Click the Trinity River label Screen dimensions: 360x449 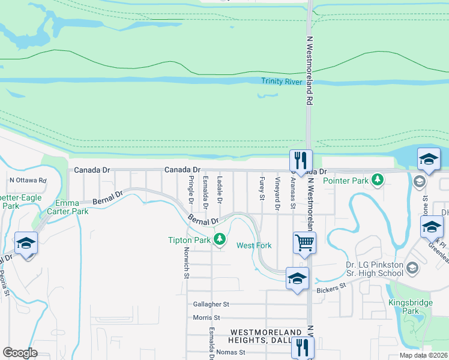[x=281, y=82]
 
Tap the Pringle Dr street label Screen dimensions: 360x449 [x=191, y=188]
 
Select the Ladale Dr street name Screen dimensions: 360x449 [x=220, y=188]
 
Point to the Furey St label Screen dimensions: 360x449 [x=262, y=187]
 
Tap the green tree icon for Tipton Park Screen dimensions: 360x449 [x=220, y=240]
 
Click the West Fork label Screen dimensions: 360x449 [x=254, y=245]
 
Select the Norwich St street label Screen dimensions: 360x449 [x=187, y=263]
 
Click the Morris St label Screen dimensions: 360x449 [x=206, y=317]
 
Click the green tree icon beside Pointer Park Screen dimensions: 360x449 [x=378, y=179]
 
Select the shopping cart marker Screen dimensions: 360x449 [x=304, y=242]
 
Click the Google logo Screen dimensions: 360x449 [x=20, y=353]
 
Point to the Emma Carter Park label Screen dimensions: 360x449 [x=72, y=207]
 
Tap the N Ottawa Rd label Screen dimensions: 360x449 [x=28, y=180]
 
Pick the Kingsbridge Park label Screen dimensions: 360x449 [x=410, y=307]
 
